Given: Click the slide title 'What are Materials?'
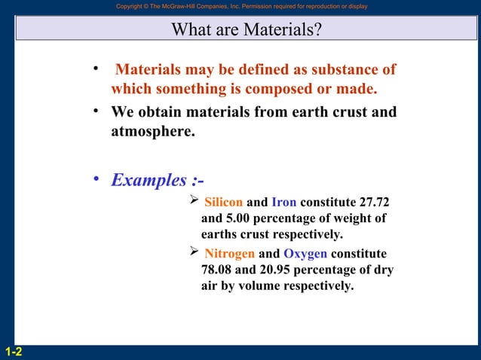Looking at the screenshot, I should point(247,30).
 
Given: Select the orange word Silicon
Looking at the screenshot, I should point(224,203).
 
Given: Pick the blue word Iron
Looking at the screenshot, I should point(283,203).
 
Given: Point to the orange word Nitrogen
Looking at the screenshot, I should point(230,254).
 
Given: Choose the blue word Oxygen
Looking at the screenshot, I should point(305,254).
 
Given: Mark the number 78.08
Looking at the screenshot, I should point(219,270).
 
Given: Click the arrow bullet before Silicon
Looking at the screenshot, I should point(192,201).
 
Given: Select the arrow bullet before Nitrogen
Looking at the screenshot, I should point(192,252).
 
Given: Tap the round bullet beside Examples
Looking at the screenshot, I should point(96,179).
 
